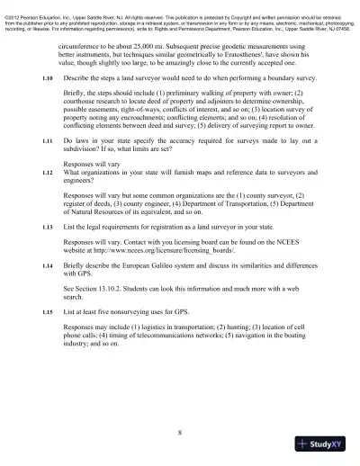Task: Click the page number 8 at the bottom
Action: click(180, 433)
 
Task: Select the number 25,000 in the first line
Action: click(148, 43)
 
